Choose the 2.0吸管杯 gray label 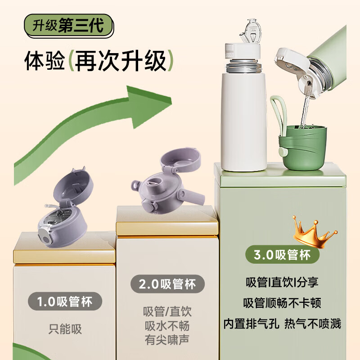point(167,284)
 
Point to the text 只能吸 point(65,329)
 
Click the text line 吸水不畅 point(167,325)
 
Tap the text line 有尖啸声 point(167,339)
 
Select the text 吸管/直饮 point(167,311)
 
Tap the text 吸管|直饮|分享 point(282,283)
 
